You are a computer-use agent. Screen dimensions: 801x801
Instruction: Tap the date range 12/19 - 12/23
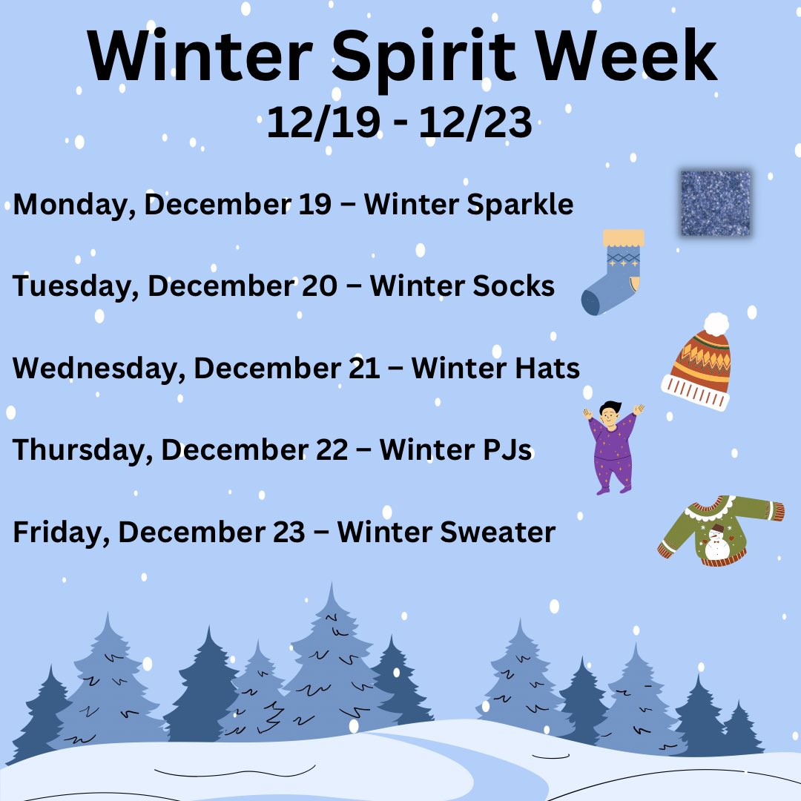click(x=400, y=122)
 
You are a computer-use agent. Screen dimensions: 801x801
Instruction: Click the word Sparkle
click(x=521, y=205)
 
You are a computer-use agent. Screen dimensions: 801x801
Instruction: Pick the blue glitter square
click(x=716, y=203)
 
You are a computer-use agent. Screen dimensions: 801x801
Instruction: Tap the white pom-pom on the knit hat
click(x=716, y=324)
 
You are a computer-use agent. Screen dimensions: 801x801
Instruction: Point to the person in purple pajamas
click(x=613, y=448)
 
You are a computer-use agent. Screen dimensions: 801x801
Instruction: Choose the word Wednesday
click(x=94, y=368)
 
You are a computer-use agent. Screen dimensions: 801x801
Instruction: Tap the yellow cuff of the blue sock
click(x=623, y=238)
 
